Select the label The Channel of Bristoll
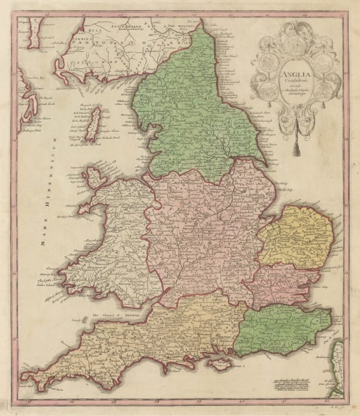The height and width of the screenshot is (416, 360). [114, 314]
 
